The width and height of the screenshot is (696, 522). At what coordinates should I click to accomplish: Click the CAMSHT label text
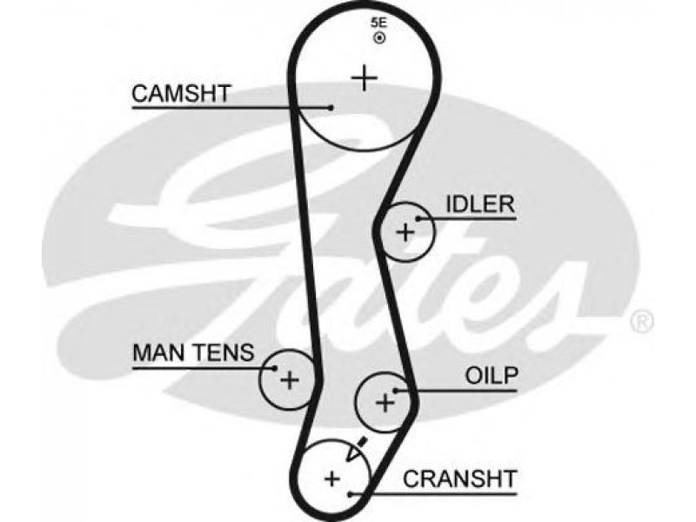[181, 94]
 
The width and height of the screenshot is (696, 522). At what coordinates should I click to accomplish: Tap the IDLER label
[480, 204]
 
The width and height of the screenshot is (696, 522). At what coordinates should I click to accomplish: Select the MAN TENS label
[193, 352]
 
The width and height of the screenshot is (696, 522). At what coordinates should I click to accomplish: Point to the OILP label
[492, 376]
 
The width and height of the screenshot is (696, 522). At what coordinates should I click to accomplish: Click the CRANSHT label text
[460, 479]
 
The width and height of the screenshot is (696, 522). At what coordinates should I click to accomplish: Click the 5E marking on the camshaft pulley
[378, 23]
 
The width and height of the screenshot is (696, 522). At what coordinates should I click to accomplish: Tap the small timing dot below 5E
[379, 38]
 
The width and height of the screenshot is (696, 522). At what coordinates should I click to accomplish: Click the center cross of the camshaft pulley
[364, 78]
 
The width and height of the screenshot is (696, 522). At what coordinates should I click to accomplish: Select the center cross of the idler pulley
[405, 232]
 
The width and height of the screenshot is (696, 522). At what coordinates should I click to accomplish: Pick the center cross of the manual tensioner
[290, 380]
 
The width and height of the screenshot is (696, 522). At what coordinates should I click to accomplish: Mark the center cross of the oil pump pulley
[385, 403]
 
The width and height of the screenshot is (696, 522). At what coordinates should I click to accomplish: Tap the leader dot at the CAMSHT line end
[331, 107]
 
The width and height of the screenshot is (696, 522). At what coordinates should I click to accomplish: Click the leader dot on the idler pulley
[418, 218]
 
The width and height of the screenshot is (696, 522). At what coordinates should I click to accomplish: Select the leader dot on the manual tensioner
[275, 368]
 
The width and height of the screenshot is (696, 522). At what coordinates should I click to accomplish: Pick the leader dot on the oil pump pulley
[395, 391]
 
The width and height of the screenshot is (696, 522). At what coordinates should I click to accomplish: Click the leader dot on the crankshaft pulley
[351, 494]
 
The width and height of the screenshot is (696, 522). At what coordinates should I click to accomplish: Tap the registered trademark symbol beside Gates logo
[641, 321]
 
